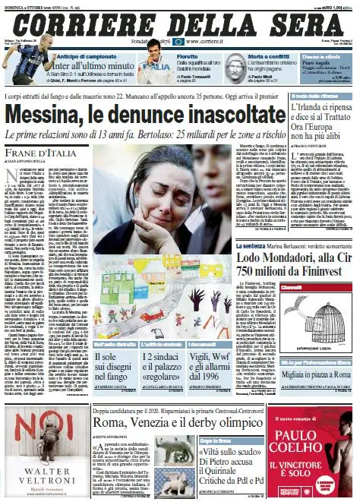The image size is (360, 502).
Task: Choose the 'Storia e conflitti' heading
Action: (x=251, y=55)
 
